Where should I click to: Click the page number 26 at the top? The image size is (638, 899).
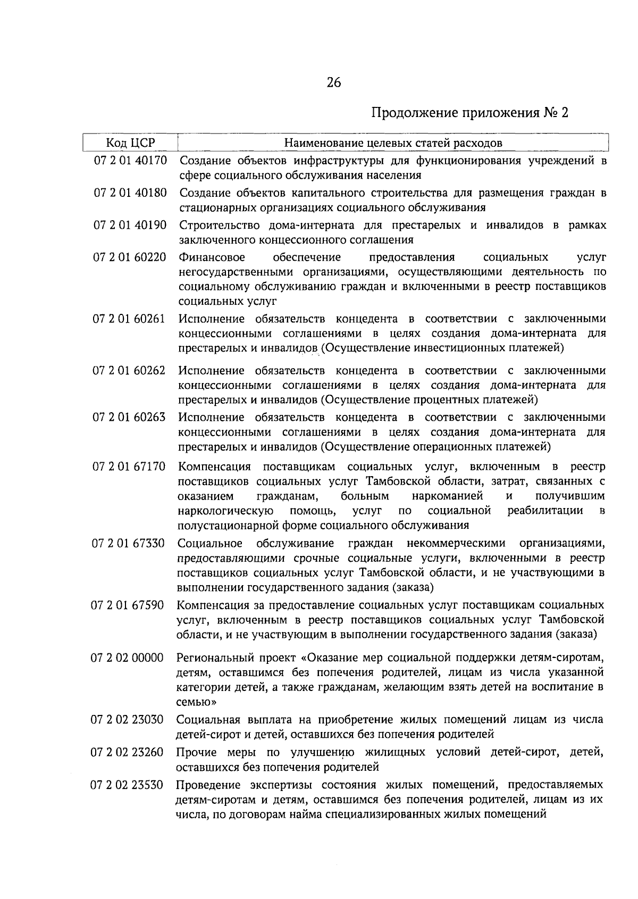(x=334, y=82)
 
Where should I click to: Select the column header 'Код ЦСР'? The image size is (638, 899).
(x=130, y=143)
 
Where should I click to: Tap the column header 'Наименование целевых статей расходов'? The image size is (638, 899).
(x=393, y=143)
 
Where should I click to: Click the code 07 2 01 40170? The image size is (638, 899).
(x=130, y=160)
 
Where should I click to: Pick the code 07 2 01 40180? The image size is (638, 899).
(x=130, y=193)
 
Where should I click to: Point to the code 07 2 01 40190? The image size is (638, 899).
(x=130, y=225)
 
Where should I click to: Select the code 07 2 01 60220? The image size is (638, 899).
(x=130, y=257)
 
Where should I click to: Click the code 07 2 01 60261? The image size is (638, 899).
(x=130, y=319)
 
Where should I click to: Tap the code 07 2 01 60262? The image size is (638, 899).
(x=130, y=370)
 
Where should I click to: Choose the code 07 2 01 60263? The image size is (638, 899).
(x=130, y=417)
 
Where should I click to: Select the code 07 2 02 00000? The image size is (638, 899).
(x=128, y=657)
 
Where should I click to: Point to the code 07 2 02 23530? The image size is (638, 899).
(x=128, y=785)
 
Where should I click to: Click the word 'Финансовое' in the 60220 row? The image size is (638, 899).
(x=212, y=257)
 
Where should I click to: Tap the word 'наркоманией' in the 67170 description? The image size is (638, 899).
(x=447, y=496)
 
